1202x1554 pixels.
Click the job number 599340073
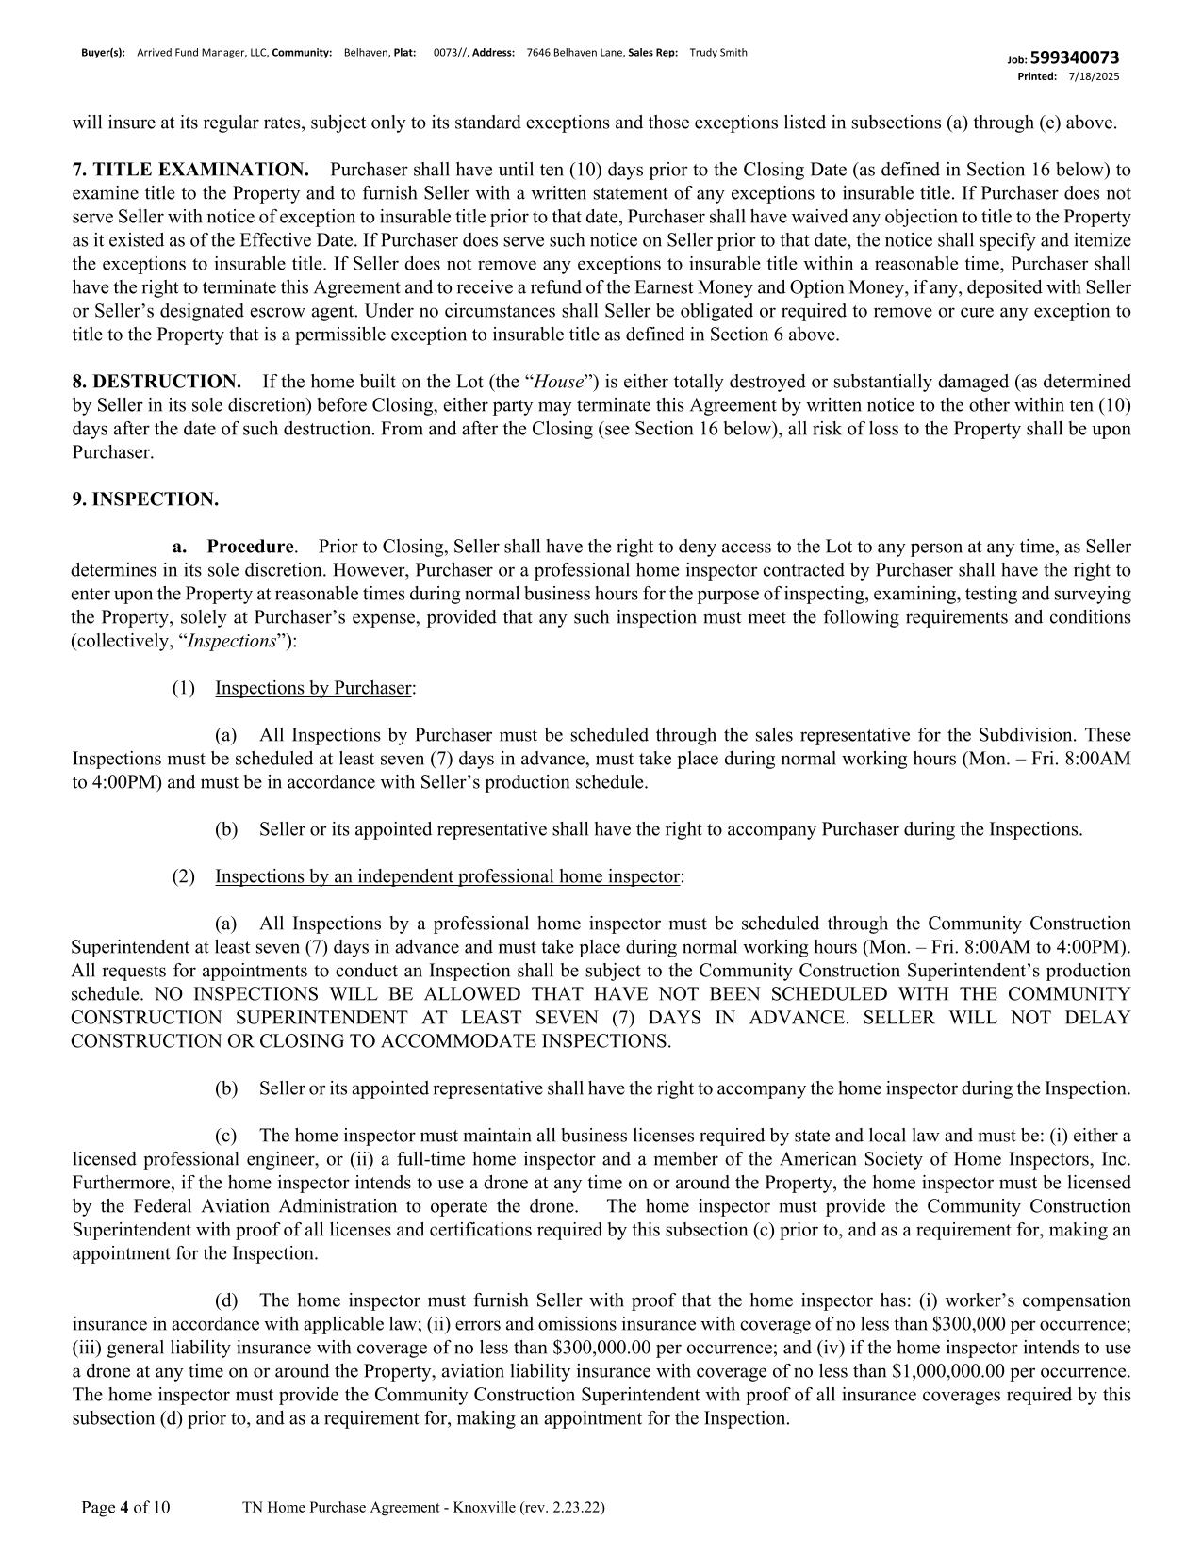1075,58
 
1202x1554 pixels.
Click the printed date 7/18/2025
1095,76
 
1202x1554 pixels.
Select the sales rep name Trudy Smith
718,53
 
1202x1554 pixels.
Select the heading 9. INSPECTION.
145,499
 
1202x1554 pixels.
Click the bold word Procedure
250,547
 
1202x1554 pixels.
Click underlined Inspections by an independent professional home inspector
447,876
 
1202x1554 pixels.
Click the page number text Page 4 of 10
125,1508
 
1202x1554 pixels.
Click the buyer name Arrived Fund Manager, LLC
203,53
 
